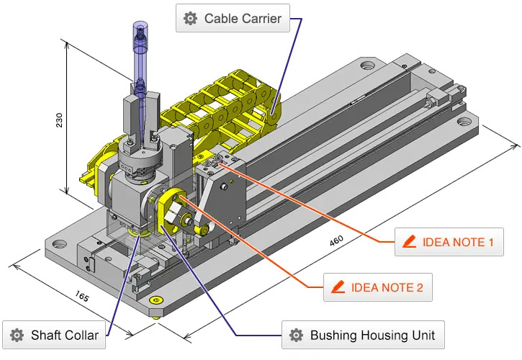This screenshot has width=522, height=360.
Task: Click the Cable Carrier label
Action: tap(233, 19)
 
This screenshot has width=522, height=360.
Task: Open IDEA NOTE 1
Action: tap(448, 243)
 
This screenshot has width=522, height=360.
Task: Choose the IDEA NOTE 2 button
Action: tap(377, 288)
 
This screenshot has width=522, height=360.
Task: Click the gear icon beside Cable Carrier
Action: tap(190, 19)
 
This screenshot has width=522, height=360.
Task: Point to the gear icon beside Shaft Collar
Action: tap(17, 335)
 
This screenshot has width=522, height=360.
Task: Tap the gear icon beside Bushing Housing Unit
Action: tap(295, 335)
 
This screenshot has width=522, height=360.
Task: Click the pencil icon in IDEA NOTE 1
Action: tap(410, 243)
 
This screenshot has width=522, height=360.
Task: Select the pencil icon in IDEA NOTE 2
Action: tap(338, 288)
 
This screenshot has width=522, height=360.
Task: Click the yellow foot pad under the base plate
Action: tap(153, 300)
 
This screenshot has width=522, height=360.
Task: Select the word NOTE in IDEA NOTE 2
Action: tap(394, 288)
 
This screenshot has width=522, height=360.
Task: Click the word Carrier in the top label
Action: tap(258, 19)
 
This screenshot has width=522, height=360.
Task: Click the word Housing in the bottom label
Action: tap(376, 335)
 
